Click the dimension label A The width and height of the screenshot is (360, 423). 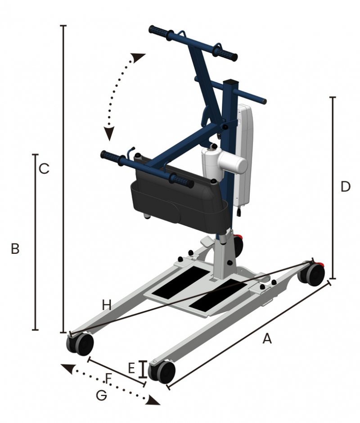click(x=267, y=338)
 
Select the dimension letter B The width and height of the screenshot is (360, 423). click(x=15, y=249)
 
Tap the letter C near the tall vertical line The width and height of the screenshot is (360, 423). click(x=44, y=169)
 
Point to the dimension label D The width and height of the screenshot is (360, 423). click(x=346, y=187)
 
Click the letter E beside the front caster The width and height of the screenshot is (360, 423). click(x=131, y=368)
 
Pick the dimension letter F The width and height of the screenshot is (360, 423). click(x=108, y=378)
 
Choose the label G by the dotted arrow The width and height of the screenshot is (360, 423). click(x=101, y=396)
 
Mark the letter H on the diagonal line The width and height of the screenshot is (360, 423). click(x=107, y=306)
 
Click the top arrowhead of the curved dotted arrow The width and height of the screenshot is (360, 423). click(x=138, y=58)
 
